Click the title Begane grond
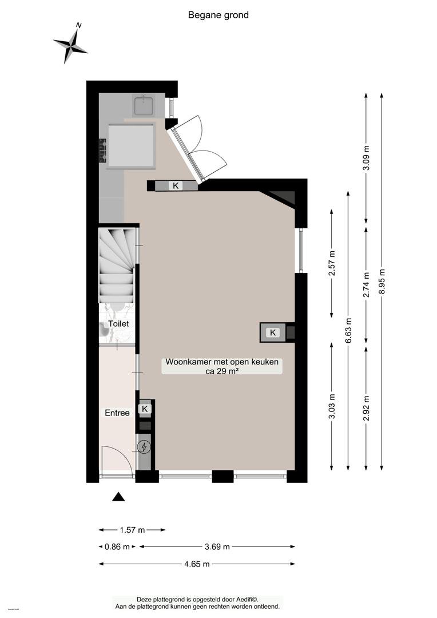tap(218, 15)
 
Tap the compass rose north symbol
tap(70, 44)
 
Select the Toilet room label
tap(118, 323)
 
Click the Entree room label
tap(117, 413)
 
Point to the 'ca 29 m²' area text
tap(222, 370)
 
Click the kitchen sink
tap(144, 105)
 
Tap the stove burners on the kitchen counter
tap(103, 150)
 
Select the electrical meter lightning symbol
tap(144, 447)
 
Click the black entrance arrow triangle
tap(118, 497)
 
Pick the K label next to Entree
tap(145, 409)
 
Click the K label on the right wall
tap(273, 332)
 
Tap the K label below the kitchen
tap(176, 185)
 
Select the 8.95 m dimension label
tap(382, 281)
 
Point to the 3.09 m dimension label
tap(367, 158)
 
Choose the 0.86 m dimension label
tap(117, 546)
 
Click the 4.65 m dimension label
tap(197, 564)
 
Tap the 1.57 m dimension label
tap(132, 530)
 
